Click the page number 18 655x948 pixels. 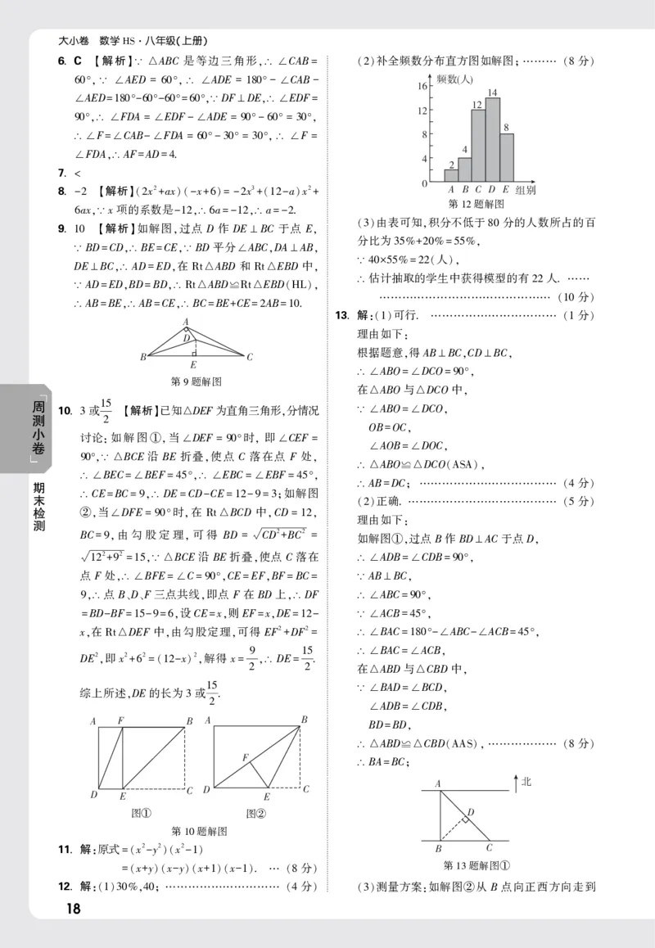point(72,908)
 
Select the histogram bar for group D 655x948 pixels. point(493,139)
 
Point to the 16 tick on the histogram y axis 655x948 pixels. point(423,86)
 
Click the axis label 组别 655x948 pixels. point(526,189)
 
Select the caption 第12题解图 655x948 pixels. point(477,203)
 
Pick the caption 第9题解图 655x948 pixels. point(196,381)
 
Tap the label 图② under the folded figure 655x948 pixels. point(257,813)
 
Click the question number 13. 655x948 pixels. point(342,314)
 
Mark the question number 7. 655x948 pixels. point(61,173)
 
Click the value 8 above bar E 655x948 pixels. point(507,127)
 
